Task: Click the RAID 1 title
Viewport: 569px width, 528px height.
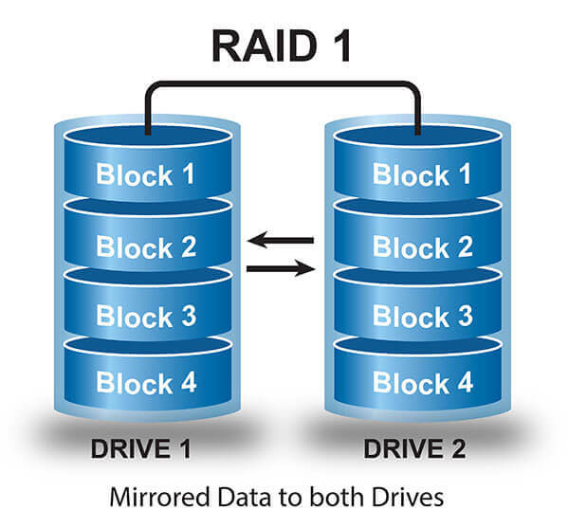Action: coord(282,45)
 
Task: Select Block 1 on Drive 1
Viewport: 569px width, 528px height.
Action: coord(147,175)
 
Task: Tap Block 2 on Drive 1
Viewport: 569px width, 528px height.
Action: coord(147,246)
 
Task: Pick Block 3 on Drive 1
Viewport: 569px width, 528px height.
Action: coord(147,315)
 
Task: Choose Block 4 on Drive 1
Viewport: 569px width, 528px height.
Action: coord(147,383)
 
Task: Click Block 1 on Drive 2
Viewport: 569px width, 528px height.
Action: coord(422,174)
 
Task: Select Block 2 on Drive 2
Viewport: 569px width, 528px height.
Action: coord(422,246)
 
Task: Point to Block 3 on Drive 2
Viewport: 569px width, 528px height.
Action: coord(422,315)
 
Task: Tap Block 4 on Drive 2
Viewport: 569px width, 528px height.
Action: coord(422,383)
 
